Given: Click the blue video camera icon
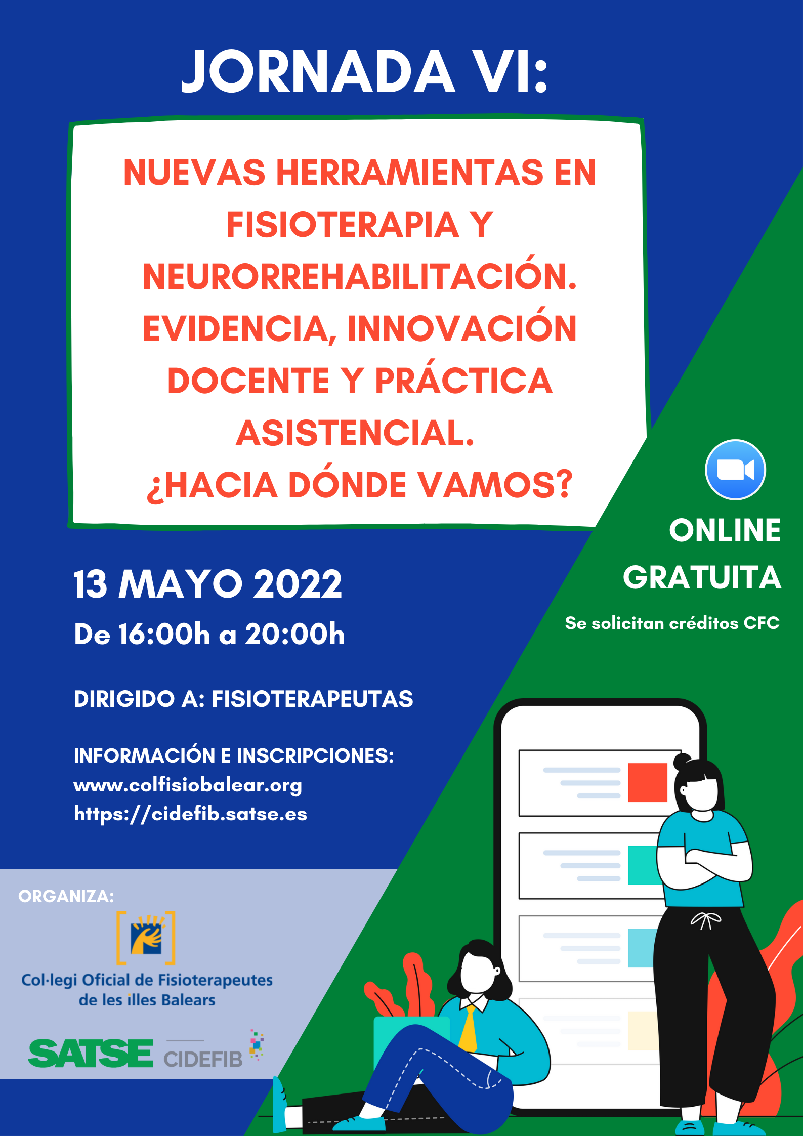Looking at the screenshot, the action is [x=735, y=470].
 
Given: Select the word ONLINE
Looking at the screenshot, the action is [x=725, y=530].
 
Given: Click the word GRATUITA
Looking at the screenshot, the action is [x=702, y=577].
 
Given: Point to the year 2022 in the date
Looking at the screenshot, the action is [x=298, y=584].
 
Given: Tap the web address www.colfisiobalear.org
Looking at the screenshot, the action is [x=188, y=785].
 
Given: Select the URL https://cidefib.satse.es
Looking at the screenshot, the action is [x=190, y=814].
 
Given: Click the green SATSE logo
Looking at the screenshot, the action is [x=91, y=1053].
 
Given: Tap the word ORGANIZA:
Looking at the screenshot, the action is [x=66, y=896].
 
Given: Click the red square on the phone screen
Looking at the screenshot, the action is [x=648, y=782].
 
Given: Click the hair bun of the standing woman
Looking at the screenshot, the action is [x=682, y=761].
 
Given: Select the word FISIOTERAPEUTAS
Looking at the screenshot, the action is [x=312, y=699].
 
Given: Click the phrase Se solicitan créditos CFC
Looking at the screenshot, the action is [x=672, y=623].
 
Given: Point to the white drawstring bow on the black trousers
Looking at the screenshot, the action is [x=706, y=920].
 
